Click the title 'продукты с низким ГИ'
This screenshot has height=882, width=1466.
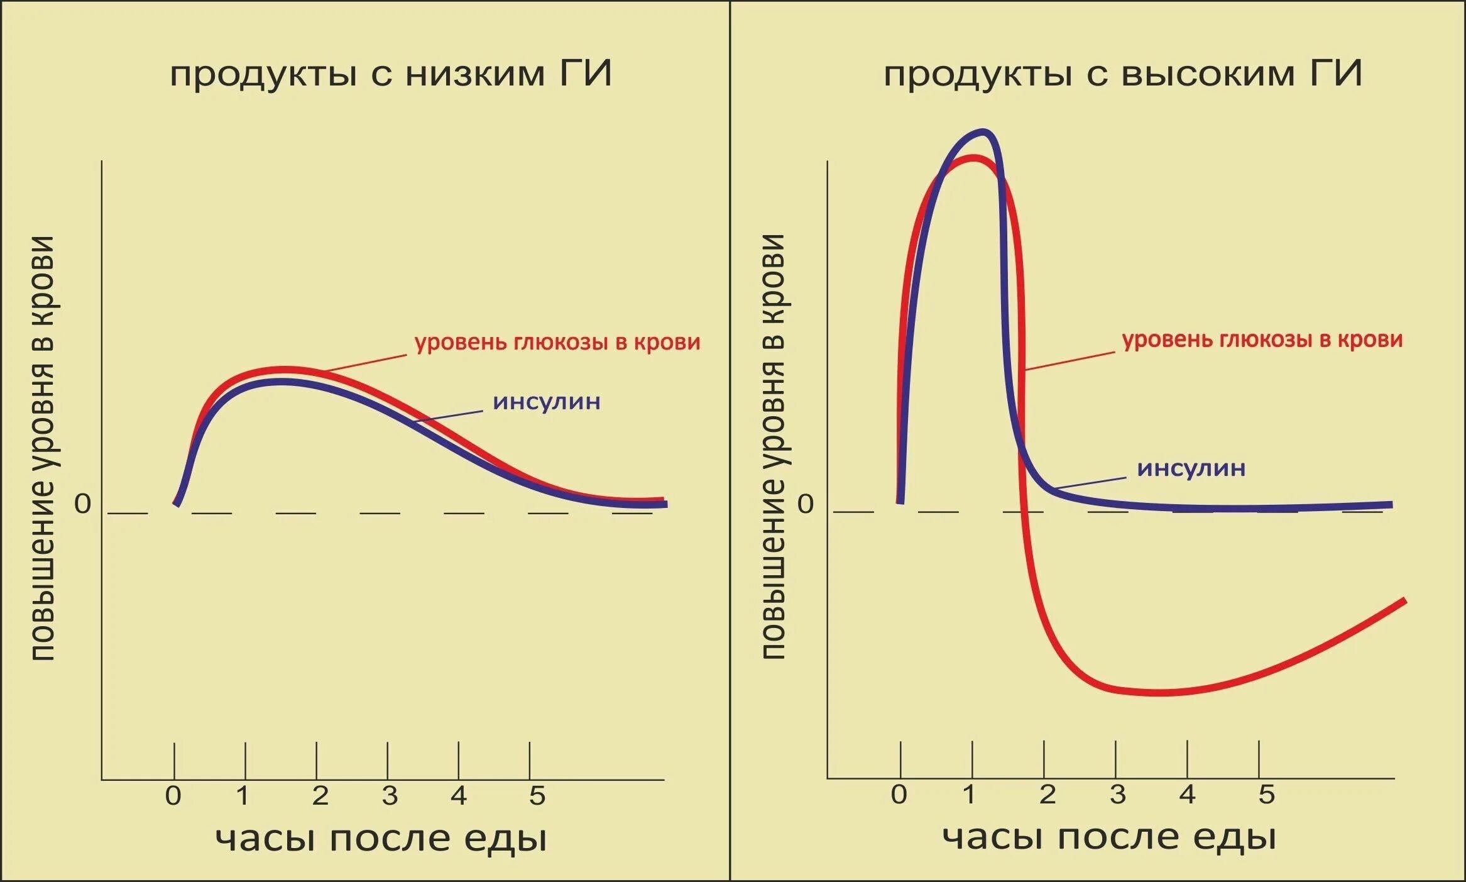point(391,74)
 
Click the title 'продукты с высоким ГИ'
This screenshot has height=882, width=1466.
point(1123,74)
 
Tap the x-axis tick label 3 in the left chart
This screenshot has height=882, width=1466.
point(390,796)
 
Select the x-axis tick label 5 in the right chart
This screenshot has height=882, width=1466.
point(1266,795)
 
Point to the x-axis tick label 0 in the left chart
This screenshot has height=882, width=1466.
point(173,796)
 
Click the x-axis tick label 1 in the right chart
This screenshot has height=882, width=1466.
point(970,795)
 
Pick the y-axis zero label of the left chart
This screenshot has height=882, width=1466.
point(83,504)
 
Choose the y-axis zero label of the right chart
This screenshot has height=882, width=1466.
point(806,504)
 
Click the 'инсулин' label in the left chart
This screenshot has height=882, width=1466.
point(547,401)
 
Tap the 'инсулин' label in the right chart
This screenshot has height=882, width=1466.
point(1191,468)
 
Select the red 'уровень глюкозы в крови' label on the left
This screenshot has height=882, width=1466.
point(557,343)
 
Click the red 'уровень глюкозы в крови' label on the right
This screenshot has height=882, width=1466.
point(1262,339)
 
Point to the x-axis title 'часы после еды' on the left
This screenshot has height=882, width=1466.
point(381,839)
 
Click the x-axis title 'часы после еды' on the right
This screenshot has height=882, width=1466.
point(1109,837)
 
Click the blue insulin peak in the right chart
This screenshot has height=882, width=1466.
point(984,132)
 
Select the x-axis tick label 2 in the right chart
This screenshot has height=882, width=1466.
point(1047,795)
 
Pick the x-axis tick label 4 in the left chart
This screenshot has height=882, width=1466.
point(459,796)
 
